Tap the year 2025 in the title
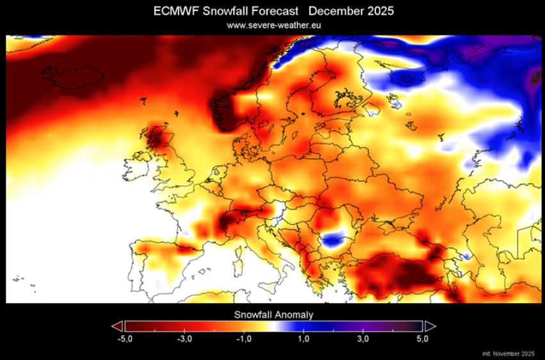(377, 12)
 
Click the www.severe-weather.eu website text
(273, 25)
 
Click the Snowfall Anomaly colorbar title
(273, 314)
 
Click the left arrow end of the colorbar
(117, 325)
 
